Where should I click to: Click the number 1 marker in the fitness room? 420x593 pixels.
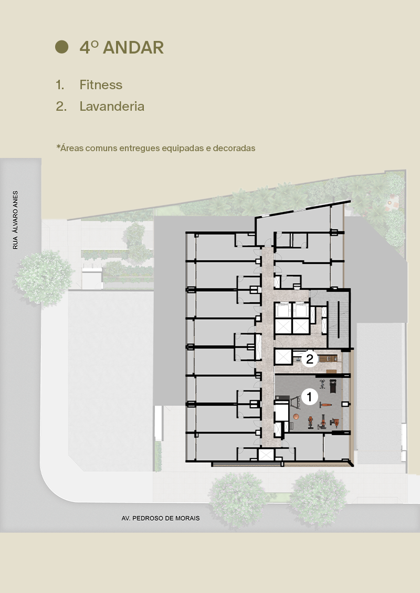pyautogui.click(x=309, y=397)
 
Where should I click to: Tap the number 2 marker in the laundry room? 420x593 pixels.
pyautogui.click(x=310, y=359)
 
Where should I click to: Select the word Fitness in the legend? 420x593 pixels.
pyautogui.click(x=101, y=84)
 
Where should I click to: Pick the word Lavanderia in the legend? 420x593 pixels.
pyautogui.click(x=112, y=107)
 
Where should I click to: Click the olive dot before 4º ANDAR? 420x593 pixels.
pyautogui.click(x=62, y=47)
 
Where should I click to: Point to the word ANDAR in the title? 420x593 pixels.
pyautogui.click(x=133, y=47)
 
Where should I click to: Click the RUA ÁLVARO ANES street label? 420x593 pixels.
pyautogui.click(x=15, y=219)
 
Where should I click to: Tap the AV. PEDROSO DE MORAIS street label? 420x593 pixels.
pyautogui.click(x=160, y=518)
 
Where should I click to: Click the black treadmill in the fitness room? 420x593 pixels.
pyautogui.click(x=332, y=386)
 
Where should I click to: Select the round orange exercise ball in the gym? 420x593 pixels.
pyautogui.click(x=296, y=416)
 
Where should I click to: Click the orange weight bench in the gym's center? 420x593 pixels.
pyautogui.click(x=326, y=406)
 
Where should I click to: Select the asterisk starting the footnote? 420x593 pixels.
pyautogui.click(x=58, y=147)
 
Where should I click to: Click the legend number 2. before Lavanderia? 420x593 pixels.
pyautogui.click(x=61, y=107)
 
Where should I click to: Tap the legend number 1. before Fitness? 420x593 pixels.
pyautogui.click(x=60, y=84)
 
